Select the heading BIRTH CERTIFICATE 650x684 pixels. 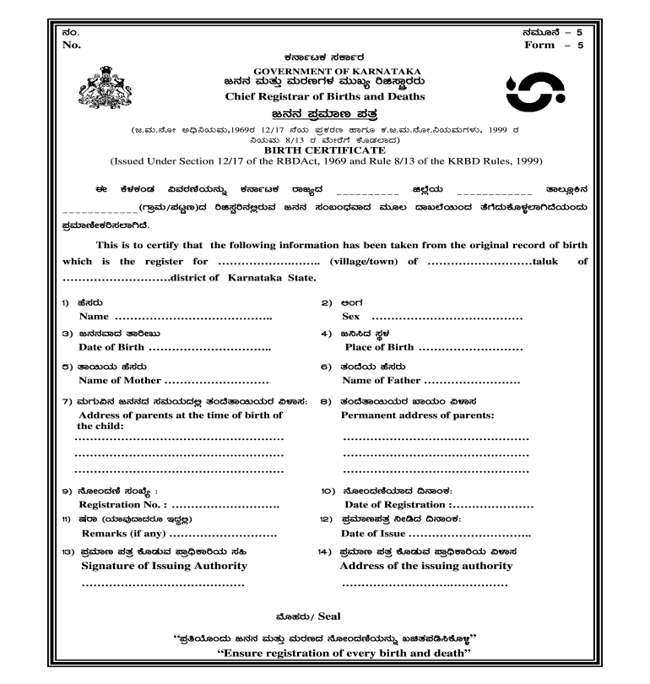point(325,149)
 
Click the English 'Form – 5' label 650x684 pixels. point(554,44)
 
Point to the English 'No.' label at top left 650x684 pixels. point(72,44)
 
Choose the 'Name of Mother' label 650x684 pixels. point(119,381)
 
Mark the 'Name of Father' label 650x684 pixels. point(381,381)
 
